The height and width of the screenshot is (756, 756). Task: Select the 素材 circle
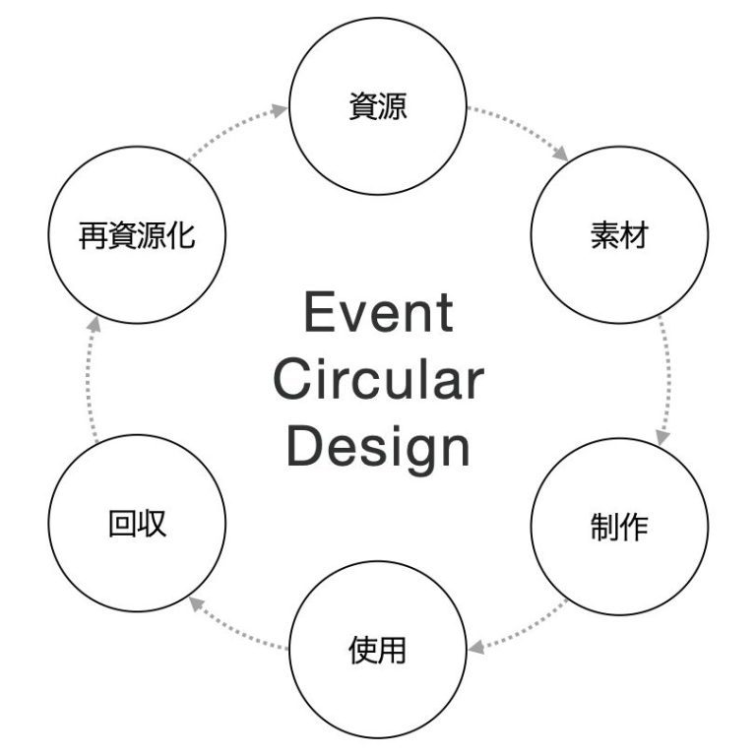619,237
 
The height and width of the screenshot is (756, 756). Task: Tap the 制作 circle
619,527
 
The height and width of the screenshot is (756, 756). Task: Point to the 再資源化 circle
137,237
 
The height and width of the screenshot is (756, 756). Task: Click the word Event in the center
378,314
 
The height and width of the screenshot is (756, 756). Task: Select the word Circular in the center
378,380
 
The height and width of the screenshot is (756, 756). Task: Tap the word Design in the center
378,446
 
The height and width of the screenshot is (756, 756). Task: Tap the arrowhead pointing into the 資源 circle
281,111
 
